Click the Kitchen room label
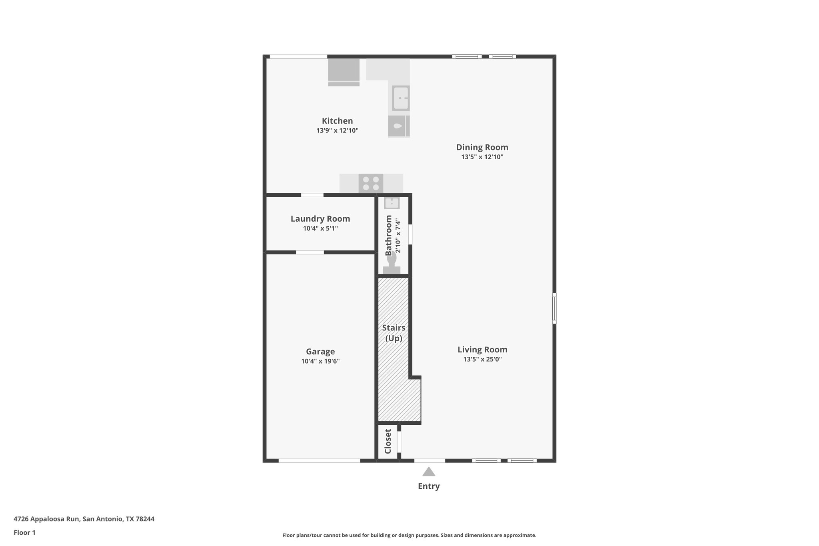337,121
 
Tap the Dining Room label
482,147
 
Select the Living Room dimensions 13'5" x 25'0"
482,359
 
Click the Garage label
320,352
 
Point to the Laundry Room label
320,219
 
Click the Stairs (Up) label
394,333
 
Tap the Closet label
388,442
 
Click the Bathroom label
389,235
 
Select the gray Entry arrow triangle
429,472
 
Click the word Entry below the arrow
429,486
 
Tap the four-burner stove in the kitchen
371,184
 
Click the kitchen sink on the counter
400,98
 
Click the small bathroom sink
392,203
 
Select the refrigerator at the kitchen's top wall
344,72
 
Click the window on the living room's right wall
554,308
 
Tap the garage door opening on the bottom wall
319,461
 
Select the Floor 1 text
24,532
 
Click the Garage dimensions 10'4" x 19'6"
320,361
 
